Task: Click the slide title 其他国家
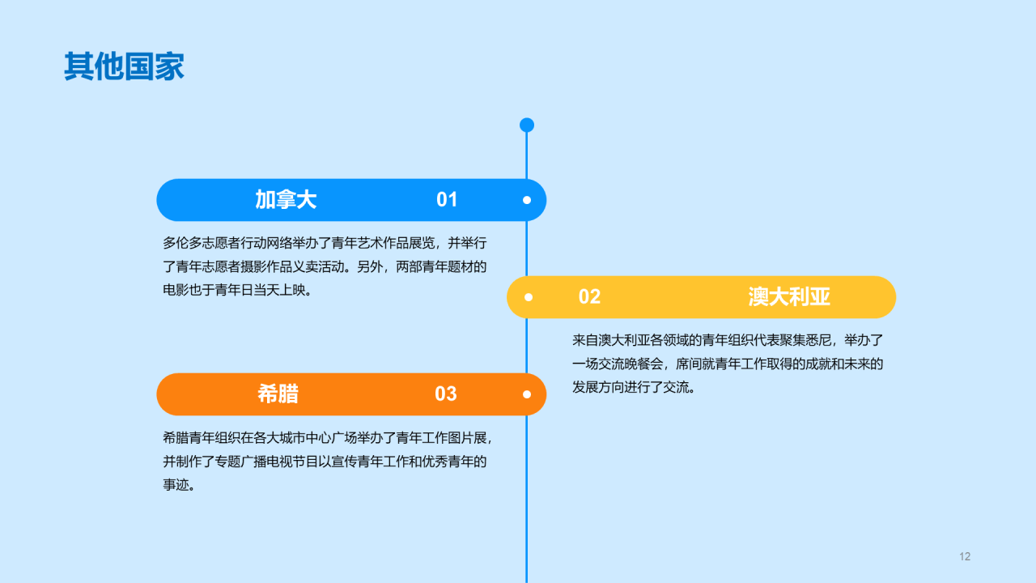(x=124, y=66)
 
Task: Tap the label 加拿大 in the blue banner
(x=286, y=200)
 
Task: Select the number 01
(x=447, y=200)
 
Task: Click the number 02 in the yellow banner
(x=589, y=297)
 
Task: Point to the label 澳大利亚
(x=789, y=297)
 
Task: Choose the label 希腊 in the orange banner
(x=278, y=394)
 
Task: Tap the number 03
(x=446, y=394)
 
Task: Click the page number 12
(x=964, y=556)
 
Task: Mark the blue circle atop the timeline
(x=527, y=125)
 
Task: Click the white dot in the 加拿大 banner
(x=527, y=200)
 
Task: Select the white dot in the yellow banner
(x=529, y=297)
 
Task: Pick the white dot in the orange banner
(x=527, y=394)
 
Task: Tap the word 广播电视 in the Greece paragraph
(x=266, y=462)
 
